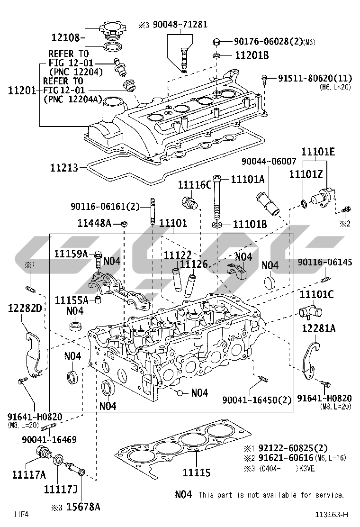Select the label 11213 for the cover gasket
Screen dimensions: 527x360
tap(65, 167)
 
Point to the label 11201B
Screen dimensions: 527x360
tap(252, 56)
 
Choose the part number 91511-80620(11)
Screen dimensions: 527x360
tap(315, 78)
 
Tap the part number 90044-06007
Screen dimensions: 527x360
tap(259, 162)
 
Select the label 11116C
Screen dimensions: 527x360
tap(195, 184)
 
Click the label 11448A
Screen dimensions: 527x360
tap(94, 222)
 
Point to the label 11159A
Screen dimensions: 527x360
tap(71, 254)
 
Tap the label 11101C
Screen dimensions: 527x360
tap(316, 295)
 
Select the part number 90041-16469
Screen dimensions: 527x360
tap(49, 440)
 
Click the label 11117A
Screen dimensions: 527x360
tap(29, 474)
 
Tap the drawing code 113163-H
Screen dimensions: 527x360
tap(333, 515)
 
